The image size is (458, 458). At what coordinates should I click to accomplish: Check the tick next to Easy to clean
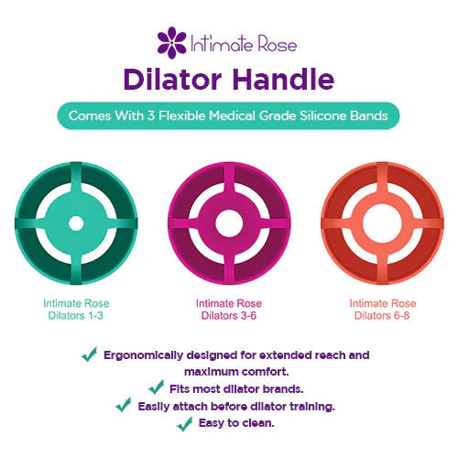click(x=183, y=422)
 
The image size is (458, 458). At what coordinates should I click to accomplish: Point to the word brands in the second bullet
click(x=282, y=387)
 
